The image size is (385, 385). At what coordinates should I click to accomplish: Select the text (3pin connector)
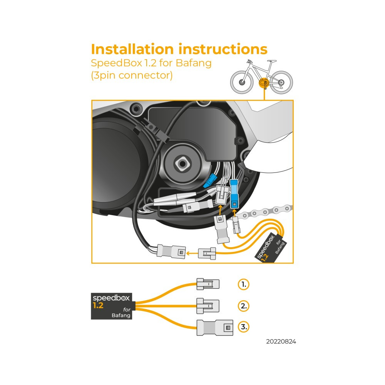132,75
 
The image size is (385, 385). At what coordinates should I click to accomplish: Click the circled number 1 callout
243,285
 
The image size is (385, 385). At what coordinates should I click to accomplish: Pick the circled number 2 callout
243,306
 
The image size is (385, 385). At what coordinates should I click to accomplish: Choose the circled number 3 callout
243,327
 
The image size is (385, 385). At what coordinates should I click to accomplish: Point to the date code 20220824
281,341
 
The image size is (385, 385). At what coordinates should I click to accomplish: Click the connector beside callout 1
208,284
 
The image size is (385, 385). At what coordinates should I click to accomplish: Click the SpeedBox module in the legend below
111,306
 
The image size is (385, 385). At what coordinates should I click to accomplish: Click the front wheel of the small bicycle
242,82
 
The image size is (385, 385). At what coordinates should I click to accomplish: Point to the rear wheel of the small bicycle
281,82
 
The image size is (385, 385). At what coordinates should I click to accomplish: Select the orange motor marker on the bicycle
264,82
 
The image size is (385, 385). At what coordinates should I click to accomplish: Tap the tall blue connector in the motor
234,194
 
